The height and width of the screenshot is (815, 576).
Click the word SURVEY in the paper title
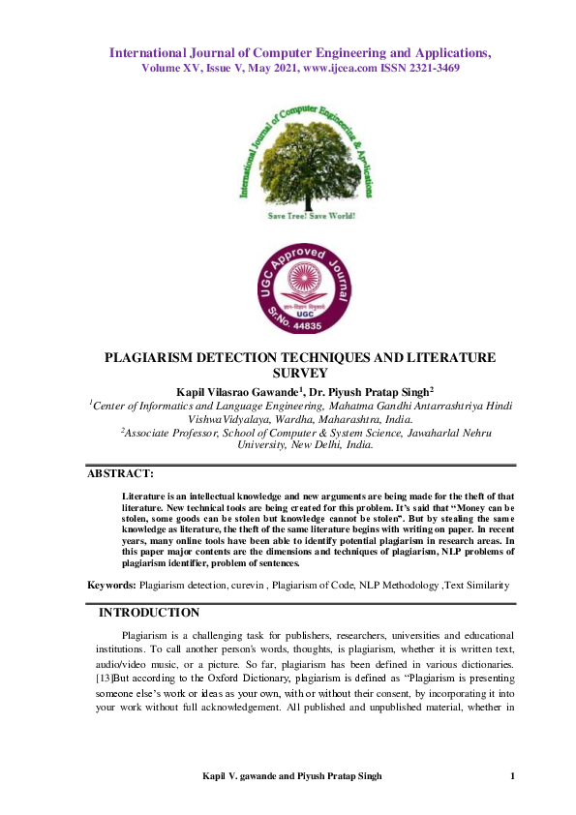299,373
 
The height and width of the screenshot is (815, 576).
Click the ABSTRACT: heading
120,473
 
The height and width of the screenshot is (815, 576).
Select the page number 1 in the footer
512,777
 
